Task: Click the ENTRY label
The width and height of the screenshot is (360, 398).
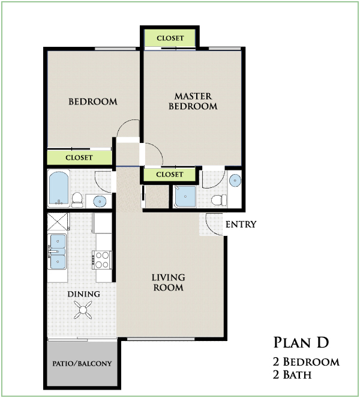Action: click(x=241, y=224)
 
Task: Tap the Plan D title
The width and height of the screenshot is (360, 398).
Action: click(x=301, y=342)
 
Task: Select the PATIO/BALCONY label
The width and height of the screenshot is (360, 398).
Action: click(x=82, y=363)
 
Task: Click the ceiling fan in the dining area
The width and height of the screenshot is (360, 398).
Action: click(x=83, y=310)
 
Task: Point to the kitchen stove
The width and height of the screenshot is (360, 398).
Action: click(x=102, y=260)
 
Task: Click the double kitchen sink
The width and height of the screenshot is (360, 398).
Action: click(x=58, y=252)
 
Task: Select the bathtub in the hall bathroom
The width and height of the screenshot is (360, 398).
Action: click(x=59, y=188)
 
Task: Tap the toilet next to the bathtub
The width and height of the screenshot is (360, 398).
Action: click(x=77, y=199)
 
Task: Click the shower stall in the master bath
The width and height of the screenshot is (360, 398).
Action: click(x=185, y=196)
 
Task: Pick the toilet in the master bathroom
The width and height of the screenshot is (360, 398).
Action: click(x=219, y=200)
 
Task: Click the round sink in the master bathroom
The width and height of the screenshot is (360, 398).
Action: click(x=235, y=181)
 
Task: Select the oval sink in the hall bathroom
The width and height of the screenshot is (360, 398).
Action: click(x=100, y=202)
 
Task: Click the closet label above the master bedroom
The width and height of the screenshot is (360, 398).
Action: click(x=170, y=38)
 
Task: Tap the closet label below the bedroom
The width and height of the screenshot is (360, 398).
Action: click(x=79, y=158)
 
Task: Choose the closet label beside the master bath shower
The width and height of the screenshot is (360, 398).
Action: click(x=169, y=174)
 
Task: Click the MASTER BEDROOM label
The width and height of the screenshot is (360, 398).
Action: click(x=193, y=101)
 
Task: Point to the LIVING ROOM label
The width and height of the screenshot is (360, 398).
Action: click(x=168, y=282)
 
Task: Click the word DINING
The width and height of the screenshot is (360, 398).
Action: click(x=83, y=294)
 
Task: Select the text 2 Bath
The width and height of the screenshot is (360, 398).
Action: click(x=292, y=375)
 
